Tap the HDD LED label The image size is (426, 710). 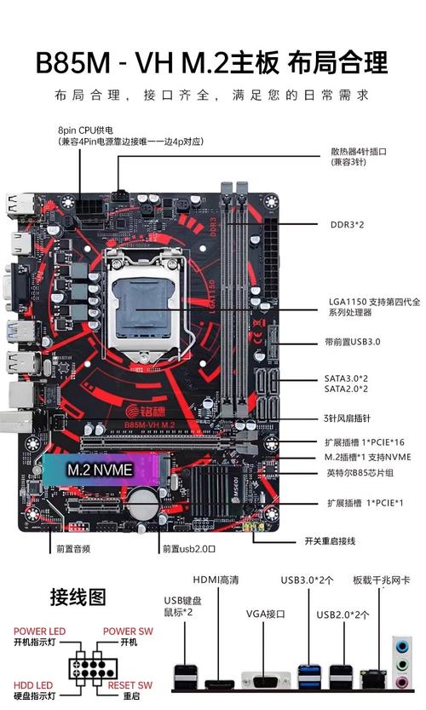(x=32, y=684)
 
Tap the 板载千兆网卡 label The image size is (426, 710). (x=381, y=580)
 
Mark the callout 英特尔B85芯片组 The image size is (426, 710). (x=363, y=473)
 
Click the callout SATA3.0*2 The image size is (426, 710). (x=346, y=376)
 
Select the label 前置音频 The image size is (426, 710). (x=73, y=548)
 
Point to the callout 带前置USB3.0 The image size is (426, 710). (x=358, y=342)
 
